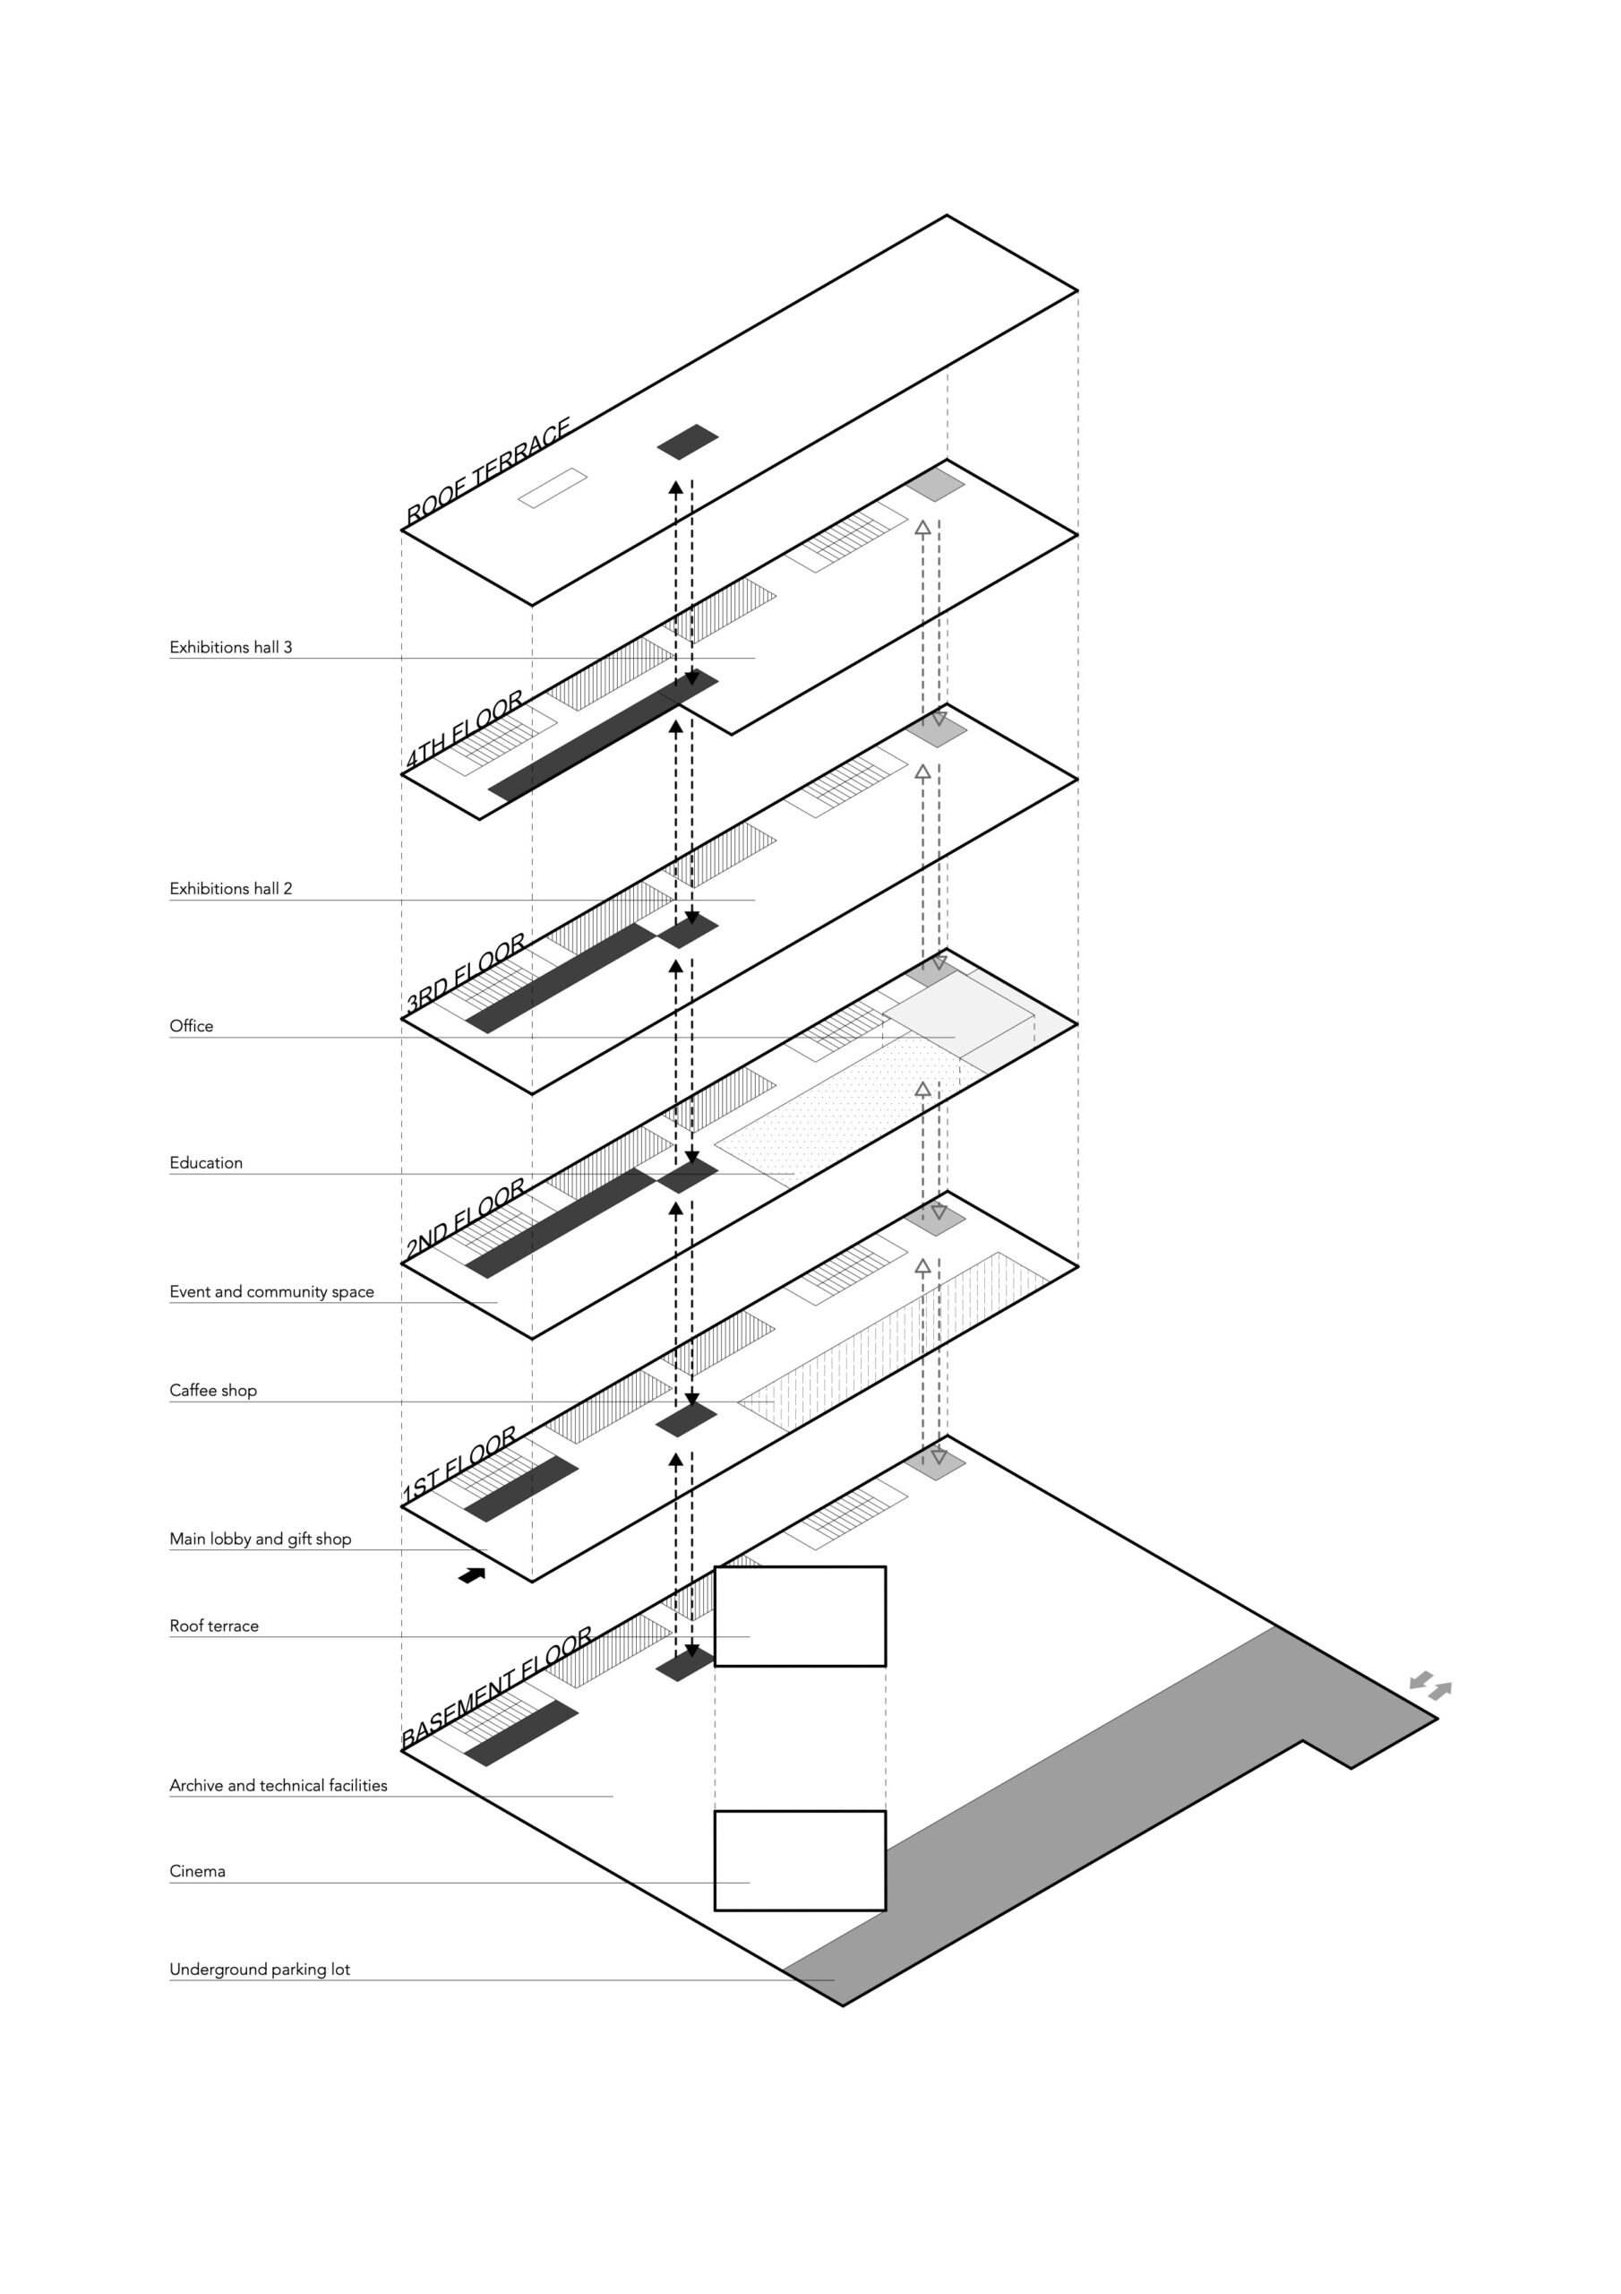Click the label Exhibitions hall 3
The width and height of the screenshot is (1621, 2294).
click(231, 648)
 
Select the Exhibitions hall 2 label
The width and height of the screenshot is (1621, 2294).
click(231, 888)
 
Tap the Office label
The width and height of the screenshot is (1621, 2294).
click(191, 1026)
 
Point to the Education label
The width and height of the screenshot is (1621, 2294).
click(206, 1163)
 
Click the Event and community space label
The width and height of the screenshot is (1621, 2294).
click(271, 1292)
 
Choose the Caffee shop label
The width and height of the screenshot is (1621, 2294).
click(213, 1391)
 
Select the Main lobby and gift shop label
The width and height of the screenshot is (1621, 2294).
click(261, 1539)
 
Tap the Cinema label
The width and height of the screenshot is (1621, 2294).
click(198, 1871)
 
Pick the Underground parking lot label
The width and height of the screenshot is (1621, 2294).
click(260, 1970)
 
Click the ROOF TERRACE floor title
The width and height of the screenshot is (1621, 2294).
click(487, 471)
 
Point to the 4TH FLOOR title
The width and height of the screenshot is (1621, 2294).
click(465, 730)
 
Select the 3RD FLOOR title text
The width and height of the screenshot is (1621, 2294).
click(466, 973)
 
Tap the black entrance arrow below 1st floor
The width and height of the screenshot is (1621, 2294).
click(471, 1575)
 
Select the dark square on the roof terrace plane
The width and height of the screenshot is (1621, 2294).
click(687, 442)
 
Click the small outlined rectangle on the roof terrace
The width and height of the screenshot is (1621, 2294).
click(552, 487)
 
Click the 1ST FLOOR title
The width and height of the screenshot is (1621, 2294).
click(459, 1463)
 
